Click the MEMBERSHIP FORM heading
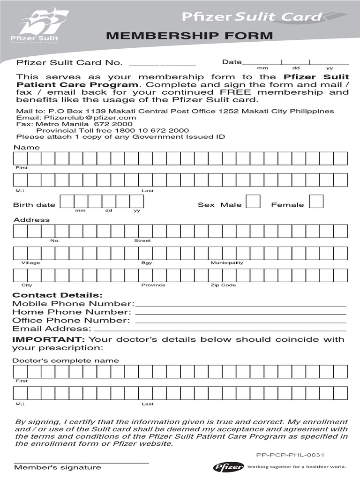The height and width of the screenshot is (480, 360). (189, 36)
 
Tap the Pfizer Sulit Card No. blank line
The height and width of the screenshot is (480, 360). (162, 64)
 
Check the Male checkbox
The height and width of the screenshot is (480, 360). (254, 202)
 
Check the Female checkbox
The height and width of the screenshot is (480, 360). (316, 202)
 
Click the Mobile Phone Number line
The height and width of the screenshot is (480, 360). (240, 305)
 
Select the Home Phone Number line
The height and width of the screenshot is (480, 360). (240, 313)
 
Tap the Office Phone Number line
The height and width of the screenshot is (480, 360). (240, 321)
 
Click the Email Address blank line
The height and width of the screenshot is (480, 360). (220, 330)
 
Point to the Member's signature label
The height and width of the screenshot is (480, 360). (57, 467)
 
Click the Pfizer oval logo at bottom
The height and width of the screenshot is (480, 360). (228, 466)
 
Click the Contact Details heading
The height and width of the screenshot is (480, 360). (57, 295)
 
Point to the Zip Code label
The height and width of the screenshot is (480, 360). (223, 285)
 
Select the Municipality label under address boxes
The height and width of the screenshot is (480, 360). (227, 262)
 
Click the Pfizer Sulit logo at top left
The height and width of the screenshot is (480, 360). (41, 26)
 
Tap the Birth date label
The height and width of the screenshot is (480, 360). (34, 205)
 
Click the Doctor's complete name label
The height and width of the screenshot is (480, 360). (65, 360)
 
